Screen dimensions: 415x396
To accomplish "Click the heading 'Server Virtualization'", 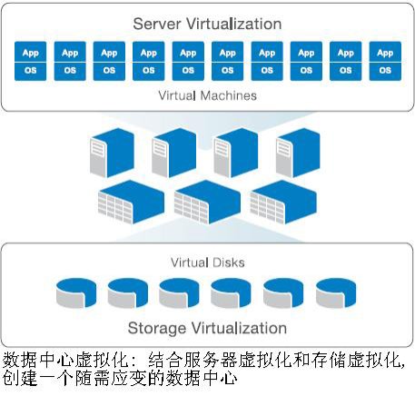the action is (207, 24).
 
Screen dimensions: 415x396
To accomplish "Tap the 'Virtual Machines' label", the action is (207, 95).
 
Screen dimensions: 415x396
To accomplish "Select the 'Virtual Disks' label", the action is (207, 262).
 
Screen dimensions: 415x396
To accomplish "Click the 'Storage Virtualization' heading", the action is (207, 328).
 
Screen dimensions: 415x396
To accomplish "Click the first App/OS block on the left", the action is (30, 61).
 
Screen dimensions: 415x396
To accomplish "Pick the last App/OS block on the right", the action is (385, 61).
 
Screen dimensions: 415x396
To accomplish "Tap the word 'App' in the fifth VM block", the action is (188, 54).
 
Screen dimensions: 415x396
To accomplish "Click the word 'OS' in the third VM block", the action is (109, 71).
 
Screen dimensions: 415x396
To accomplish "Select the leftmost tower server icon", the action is (112, 153).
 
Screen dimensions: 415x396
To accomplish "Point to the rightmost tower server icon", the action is (298, 153).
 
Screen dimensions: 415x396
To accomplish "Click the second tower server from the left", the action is (174, 153).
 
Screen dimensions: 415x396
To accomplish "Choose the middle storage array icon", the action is (207, 202).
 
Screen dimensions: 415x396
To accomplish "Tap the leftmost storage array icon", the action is (131, 202).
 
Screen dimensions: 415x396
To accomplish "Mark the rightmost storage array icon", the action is (283, 202).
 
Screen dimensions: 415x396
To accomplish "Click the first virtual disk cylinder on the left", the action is (76, 293).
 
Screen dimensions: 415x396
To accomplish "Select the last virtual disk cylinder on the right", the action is (336, 293).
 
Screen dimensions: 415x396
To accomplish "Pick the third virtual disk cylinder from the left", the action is (179, 293).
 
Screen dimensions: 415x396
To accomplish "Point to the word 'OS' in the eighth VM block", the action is (306, 71).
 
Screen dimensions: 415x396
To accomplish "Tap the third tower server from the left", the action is (236, 153).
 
